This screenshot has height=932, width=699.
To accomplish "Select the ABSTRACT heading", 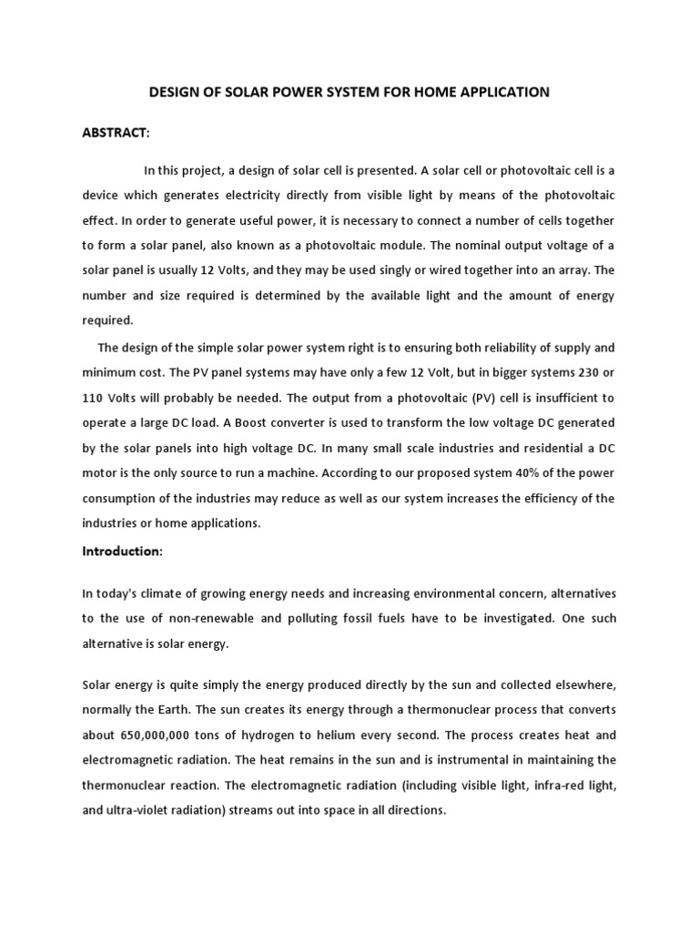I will (116, 133).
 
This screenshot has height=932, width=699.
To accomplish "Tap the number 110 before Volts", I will (96, 398).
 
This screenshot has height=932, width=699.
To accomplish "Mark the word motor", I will (103, 472).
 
